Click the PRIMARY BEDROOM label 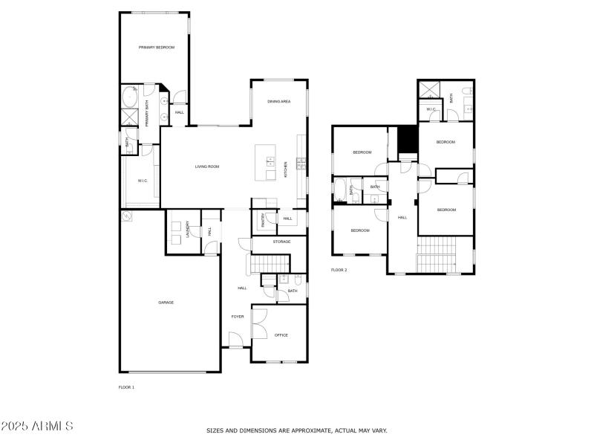(x=156, y=48)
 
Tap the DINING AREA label (x=278, y=101)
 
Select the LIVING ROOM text (x=207, y=167)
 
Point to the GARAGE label (x=166, y=302)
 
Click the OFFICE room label (x=281, y=335)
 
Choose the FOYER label (x=238, y=317)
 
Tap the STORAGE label (x=281, y=242)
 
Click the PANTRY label (x=263, y=221)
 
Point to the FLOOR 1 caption (x=127, y=387)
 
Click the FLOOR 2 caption (x=339, y=270)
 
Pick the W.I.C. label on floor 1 (x=143, y=181)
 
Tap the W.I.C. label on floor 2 (x=431, y=110)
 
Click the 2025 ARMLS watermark (x=37, y=427)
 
